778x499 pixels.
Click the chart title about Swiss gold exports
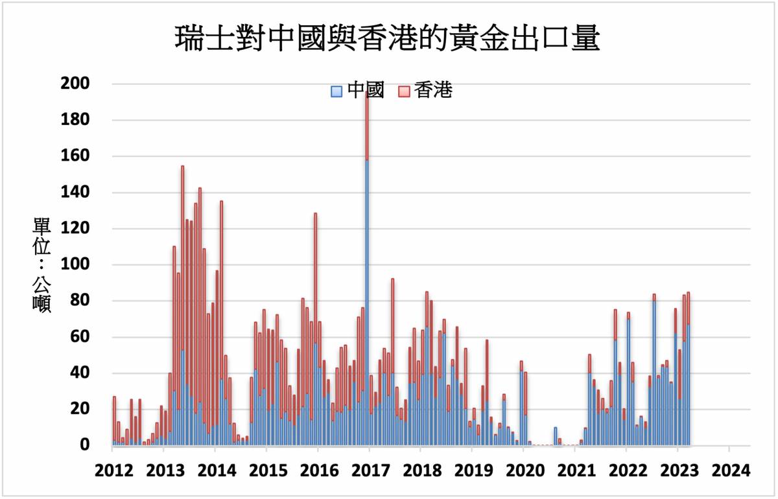(x=388, y=40)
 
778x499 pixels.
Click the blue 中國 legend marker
(x=336, y=92)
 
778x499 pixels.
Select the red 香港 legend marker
(x=402, y=92)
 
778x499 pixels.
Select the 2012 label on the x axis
(x=113, y=470)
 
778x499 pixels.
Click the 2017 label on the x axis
(x=370, y=470)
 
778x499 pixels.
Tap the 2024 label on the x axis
(x=729, y=470)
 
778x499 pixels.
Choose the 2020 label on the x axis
(x=524, y=470)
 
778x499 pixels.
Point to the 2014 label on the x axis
(x=216, y=470)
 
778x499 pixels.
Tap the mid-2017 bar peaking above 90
(x=393, y=363)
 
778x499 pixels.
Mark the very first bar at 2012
(x=114, y=421)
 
